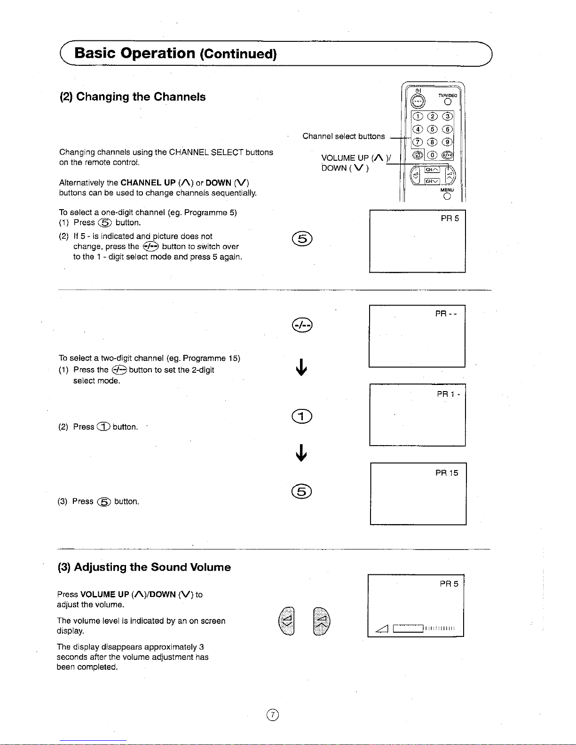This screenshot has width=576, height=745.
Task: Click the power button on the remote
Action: (x=418, y=101)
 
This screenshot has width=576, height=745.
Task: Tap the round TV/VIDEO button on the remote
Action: (x=448, y=102)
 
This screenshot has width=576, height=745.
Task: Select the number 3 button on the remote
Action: (x=447, y=117)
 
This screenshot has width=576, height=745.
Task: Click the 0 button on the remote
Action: (x=432, y=155)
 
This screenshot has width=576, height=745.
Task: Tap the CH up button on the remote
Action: (x=432, y=170)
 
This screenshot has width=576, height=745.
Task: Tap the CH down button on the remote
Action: (x=432, y=181)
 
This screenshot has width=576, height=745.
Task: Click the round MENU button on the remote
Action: (x=447, y=196)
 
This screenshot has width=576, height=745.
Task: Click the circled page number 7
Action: (x=273, y=715)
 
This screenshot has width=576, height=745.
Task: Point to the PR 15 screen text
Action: (x=447, y=473)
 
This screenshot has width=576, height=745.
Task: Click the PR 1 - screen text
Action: (x=448, y=394)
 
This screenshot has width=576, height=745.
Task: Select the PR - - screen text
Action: (x=446, y=314)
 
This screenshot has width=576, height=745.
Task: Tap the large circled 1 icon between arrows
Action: (x=302, y=416)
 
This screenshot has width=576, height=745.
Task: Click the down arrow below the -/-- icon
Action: (x=301, y=367)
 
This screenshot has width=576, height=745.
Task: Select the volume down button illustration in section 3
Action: (x=287, y=621)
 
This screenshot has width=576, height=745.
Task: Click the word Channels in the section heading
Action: (x=179, y=97)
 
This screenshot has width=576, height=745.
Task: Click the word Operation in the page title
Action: (x=158, y=53)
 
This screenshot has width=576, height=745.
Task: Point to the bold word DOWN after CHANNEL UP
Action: (x=218, y=182)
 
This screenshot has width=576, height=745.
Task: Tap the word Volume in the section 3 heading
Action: (x=210, y=567)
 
